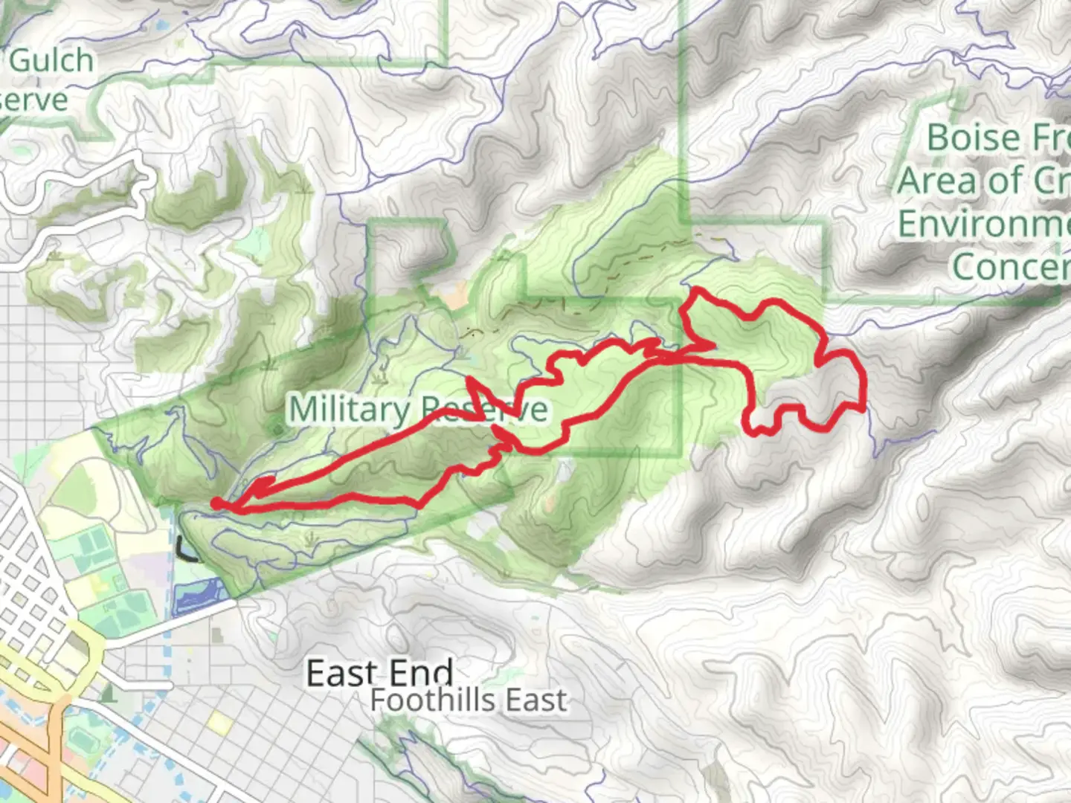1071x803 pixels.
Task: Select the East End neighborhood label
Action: pos(379,673)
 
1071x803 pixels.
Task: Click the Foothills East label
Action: pos(469,700)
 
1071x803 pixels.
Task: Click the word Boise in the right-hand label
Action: pos(974,138)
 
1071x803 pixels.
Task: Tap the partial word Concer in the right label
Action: pos(1011,266)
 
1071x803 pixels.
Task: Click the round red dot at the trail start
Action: pos(216,504)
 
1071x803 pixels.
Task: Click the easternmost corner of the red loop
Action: pos(863,407)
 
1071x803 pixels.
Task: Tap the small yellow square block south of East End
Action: pos(220,720)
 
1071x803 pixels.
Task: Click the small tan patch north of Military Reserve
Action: pos(452,297)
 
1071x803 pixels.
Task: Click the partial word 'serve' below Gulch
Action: pos(33,100)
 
